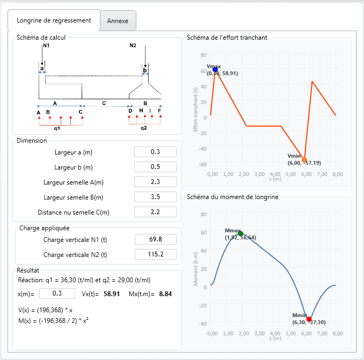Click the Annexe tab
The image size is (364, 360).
(x=118, y=21)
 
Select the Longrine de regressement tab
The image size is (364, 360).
(x=54, y=20)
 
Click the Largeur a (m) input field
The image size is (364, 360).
(x=155, y=152)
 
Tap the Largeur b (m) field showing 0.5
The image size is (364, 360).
(x=155, y=167)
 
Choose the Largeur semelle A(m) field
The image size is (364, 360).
(x=155, y=182)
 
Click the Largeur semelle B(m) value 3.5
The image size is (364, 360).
(x=155, y=197)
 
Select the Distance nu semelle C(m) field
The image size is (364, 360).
(x=155, y=212)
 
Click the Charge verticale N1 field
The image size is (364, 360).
(x=155, y=239)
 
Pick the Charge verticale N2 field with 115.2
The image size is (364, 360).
(x=155, y=254)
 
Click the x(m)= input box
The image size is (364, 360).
(x=57, y=293)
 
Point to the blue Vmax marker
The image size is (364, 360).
(x=215, y=70)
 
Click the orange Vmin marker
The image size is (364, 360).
(x=304, y=160)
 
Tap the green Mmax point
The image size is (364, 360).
(x=241, y=234)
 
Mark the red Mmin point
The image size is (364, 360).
(x=309, y=319)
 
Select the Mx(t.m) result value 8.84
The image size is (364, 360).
(x=165, y=294)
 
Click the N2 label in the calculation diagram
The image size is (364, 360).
(x=133, y=46)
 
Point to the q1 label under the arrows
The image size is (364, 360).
(x=57, y=129)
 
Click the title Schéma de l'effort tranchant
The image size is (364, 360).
(x=227, y=38)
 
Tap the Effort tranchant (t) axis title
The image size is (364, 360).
(x=196, y=110)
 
